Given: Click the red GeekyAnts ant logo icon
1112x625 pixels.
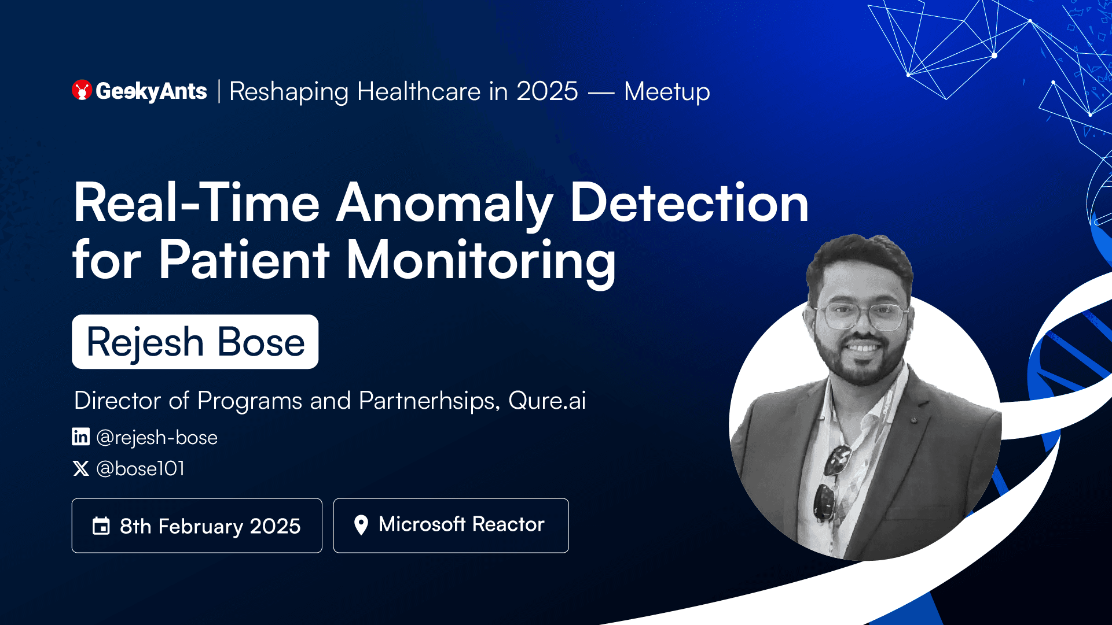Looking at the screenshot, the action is [x=82, y=90].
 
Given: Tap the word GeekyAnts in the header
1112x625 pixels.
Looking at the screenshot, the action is [x=151, y=91].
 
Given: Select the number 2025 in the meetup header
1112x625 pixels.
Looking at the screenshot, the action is [x=547, y=91].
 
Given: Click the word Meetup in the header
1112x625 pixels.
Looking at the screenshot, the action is [x=667, y=92].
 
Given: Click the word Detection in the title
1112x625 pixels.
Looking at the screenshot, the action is [x=689, y=202].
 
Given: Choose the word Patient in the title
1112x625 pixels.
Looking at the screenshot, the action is [x=244, y=260].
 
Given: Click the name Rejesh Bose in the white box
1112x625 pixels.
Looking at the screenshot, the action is [x=196, y=342].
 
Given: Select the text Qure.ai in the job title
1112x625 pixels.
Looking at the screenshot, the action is [x=547, y=401].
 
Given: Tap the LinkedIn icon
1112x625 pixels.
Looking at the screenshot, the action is [x=81, y=437].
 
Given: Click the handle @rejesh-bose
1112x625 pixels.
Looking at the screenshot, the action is [x=157, y=438].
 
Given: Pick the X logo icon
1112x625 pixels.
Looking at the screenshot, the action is [x=81, y=468].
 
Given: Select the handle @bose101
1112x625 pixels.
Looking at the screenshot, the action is [x=141, y=468].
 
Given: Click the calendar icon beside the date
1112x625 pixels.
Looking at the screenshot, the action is [x=101, y=526].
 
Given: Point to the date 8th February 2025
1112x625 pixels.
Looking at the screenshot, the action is [x=210, y=526].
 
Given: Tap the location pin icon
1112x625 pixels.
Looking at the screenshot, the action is [x=361, y=525].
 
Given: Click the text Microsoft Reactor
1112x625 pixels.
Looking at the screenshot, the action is [x=461, y=524].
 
